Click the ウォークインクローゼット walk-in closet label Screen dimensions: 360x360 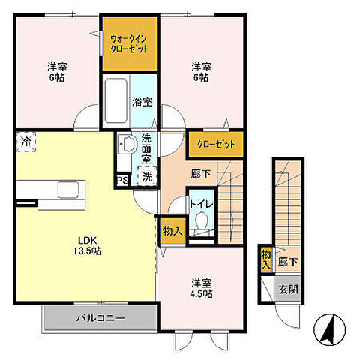tap(130, 44)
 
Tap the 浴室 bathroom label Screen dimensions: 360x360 tap(142, 102)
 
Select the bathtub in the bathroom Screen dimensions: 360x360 tap(115, 100)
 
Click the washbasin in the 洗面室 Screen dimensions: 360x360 tap(127, 144)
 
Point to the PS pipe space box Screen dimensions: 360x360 tap(123, 180)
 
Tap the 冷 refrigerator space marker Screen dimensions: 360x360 tap(26, 142)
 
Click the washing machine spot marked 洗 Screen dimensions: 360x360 tap(147, 176)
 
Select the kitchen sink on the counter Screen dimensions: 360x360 tap(68, 190)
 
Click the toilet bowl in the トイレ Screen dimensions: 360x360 tap(202, 220)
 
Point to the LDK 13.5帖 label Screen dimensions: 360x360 tap(87, 245)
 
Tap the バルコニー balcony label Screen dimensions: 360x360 tap(100, 318)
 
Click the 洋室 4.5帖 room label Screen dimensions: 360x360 tap(202, 288)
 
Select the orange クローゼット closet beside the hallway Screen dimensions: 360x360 tap(216, 145)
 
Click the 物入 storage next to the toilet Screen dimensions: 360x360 tap(172, 231)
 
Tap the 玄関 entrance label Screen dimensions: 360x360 tap(288, 289)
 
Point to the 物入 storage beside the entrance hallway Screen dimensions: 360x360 tap(266, 259)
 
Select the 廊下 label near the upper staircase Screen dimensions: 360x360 tap(200, 174)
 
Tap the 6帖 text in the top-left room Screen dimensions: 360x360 tap(57, 78)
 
